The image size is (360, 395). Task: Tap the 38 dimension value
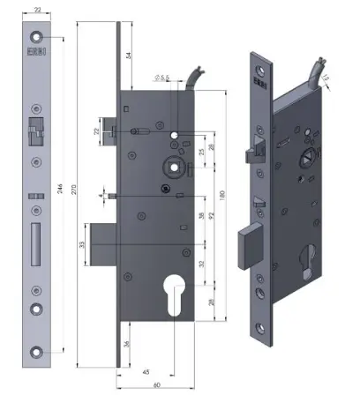pos(202,216)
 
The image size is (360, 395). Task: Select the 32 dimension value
pos(202,264)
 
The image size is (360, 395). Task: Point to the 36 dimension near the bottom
pos(128,344)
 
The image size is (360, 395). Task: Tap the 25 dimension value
pos(202,152)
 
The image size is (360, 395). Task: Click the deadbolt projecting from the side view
pos(103,244)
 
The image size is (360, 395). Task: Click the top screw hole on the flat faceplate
pos(36,37)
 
